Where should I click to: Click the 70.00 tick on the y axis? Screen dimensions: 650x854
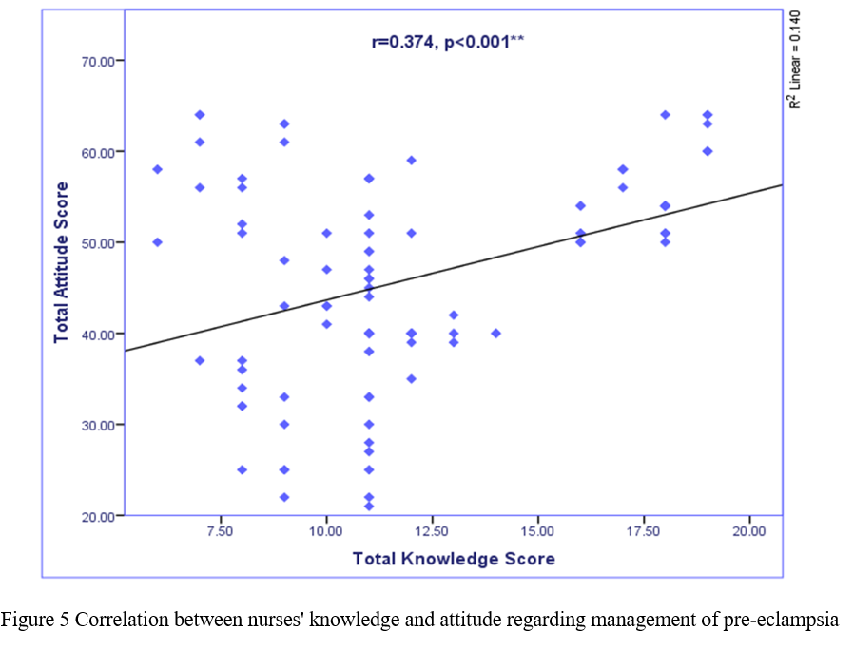pyautogui.click(x=100, y=61)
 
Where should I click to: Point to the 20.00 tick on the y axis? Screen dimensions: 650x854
pyautogui.click(x=100, y=516)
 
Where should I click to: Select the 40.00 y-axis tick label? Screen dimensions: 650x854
pyautogui.click(x=100, y=334)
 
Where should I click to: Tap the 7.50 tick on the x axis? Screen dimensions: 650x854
pyautogui.click(x=221, y=530)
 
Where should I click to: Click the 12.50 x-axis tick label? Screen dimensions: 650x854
pyautogui.click(x=432, y=530)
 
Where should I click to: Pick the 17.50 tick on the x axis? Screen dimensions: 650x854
pyautogui.click(x=643, y=530)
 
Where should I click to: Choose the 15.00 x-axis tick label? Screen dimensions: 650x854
pyautogui.click(x=537, y=530)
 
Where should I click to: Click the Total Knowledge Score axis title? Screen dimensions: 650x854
pyautogui.click(x=454, y=558)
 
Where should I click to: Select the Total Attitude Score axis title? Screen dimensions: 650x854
pyautogui.click(x=62, y=262)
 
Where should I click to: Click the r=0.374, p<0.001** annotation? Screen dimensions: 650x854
pyautogui.click(x=448, y=41)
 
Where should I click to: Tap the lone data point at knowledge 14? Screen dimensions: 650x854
pyautogui.click(x=495, y=334)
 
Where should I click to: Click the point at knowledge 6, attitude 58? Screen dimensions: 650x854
pyautogui.click(x=158, y=169)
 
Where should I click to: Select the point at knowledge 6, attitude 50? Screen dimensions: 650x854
pyautogui.click(x=158, y=242)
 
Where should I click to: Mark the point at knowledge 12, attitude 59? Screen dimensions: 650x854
pyautogui.click(x=411, y=161)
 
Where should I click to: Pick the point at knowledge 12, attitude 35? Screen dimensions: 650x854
pyautogui.click(x=411, y=379)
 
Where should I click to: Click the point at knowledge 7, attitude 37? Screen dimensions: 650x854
pyautogui.click(x=200, y=360)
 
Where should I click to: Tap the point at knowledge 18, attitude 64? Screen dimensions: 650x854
pyautogui.click(x=665, y=115)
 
